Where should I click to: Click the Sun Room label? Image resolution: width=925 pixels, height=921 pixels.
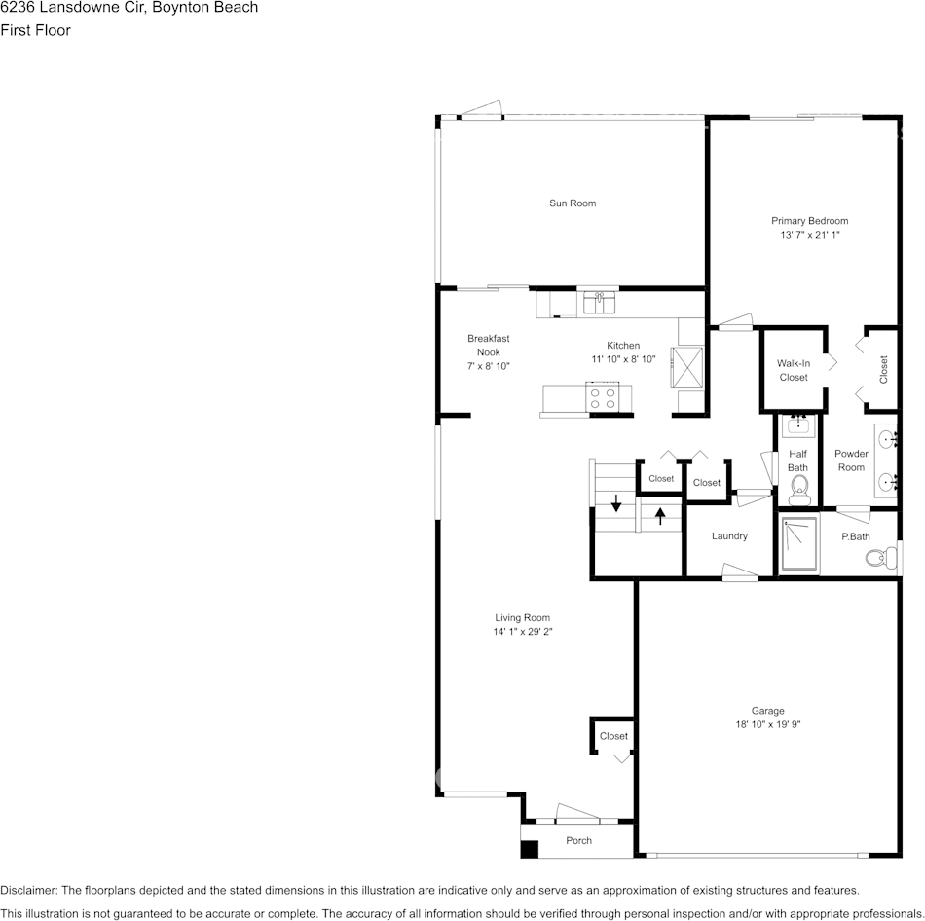pyautogui.click(x=572, y=203)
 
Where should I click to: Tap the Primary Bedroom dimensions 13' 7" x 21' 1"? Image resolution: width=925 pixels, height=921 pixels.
pyautogui.click(x=809, y=235)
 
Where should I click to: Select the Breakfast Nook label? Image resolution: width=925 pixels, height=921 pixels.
pyautogui.click(x=488, y=351)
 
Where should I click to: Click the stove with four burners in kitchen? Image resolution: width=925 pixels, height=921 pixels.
pyautogui.click(x=602, y=397)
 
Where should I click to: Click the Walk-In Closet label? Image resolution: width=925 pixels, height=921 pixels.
pyautogui.click(x=793, y=370)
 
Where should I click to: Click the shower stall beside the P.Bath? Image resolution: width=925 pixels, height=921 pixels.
pyautogui.click(x=798, y=545)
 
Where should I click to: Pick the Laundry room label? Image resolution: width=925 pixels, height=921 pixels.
pyautogui.click(x=729, y=536)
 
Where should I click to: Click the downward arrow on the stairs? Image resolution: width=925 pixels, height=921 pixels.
pyautogui.click(x=615, y=504)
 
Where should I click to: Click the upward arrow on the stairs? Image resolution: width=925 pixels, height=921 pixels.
pyautogui.click(x=660, y=516)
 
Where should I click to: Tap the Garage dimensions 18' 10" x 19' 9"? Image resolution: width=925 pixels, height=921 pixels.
pyautogui.click(x=767, y=724)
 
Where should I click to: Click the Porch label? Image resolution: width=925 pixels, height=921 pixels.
pyautogui.click(x=578, y=840)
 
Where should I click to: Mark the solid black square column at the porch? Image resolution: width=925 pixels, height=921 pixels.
pyautogui.click(x=530, y=849)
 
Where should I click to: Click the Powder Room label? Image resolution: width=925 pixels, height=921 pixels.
pyautogui.click(x=851, y=460)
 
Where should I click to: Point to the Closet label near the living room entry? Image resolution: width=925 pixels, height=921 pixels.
pyautogui.click(x=613, y=736)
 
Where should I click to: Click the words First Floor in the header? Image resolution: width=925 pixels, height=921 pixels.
pyautogui.click(x=35, y=30)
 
